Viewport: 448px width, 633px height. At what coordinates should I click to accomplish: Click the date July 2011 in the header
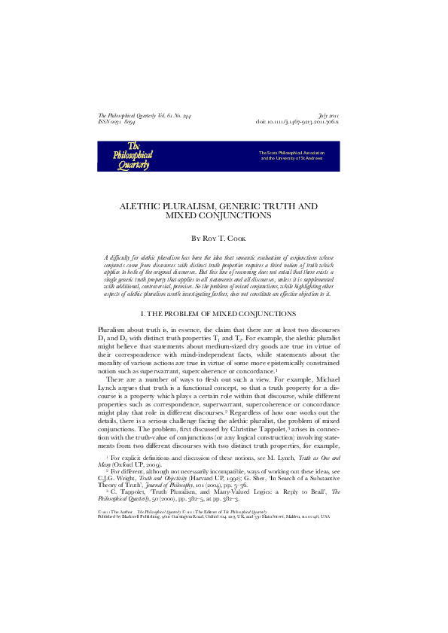[x=329, y=115]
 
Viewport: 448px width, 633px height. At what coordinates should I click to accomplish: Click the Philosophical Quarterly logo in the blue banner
[x=133, y=155]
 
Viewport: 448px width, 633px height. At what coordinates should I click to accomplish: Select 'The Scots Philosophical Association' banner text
[x=291, y=153]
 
